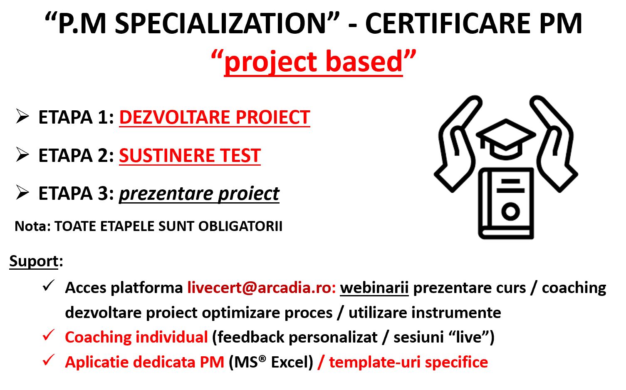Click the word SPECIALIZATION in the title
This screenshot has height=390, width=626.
click(220, 23)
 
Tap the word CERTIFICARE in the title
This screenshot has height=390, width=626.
click(448, 23)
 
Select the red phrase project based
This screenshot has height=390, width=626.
click(313, 62)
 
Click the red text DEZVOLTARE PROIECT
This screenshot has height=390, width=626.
click(215, 117)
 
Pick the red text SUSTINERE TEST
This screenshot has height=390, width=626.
click(190, 155)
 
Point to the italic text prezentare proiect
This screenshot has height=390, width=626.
click(199, 194)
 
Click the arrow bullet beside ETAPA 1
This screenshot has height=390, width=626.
click(22, 116)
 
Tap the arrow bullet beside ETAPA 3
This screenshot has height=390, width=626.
click(22, 192)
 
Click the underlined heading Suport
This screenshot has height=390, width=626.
click(34, 261)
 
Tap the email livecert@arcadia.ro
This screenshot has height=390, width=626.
click(259, 287)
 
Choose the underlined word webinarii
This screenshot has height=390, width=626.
click(374, 287)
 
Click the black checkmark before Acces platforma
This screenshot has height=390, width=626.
click(48, 286)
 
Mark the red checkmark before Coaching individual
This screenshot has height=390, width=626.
click(48, 335)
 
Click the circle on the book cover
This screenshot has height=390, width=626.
click(510, 211)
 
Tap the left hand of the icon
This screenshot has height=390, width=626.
click(458, 144)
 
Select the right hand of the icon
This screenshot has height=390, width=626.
click(554, 144)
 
